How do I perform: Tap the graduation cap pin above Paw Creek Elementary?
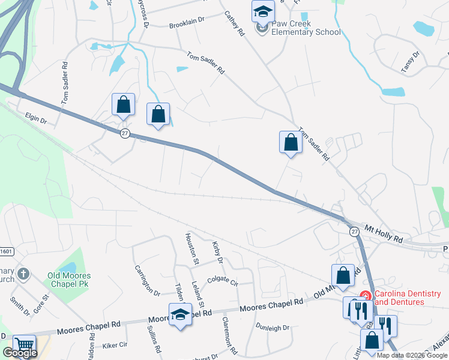(x=263, y=12)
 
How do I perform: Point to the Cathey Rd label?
(x=234, y=24)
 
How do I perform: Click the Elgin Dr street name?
(x=36, y=119)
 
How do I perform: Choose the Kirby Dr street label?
(x=217, y=253)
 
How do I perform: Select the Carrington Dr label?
(x=147, y=281)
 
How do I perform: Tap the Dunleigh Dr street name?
(x=273, y=328)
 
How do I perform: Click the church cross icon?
(x=23, y=274)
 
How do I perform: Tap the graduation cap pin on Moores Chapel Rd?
(x=180, y=315)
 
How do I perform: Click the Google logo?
(x=20, y=353)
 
